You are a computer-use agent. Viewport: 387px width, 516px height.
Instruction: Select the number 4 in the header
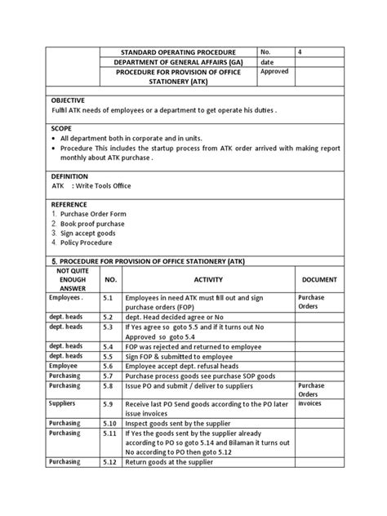278,50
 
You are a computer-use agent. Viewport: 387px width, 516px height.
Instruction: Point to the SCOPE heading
62,129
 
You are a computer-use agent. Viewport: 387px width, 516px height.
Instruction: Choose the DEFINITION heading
69,176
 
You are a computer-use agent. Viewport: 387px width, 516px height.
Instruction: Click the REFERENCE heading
70,204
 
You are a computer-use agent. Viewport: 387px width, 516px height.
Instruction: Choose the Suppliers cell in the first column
62,403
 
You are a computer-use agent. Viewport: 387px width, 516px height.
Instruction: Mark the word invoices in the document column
311,403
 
